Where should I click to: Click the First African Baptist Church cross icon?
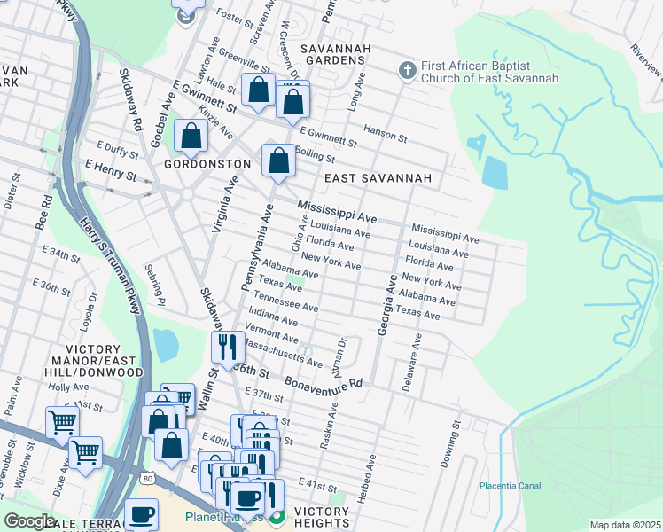407,69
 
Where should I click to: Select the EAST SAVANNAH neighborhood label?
378,178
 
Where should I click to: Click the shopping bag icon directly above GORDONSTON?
191,137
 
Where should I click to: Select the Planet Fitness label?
223,517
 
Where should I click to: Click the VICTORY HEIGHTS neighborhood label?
321,518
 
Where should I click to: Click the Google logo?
29,520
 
